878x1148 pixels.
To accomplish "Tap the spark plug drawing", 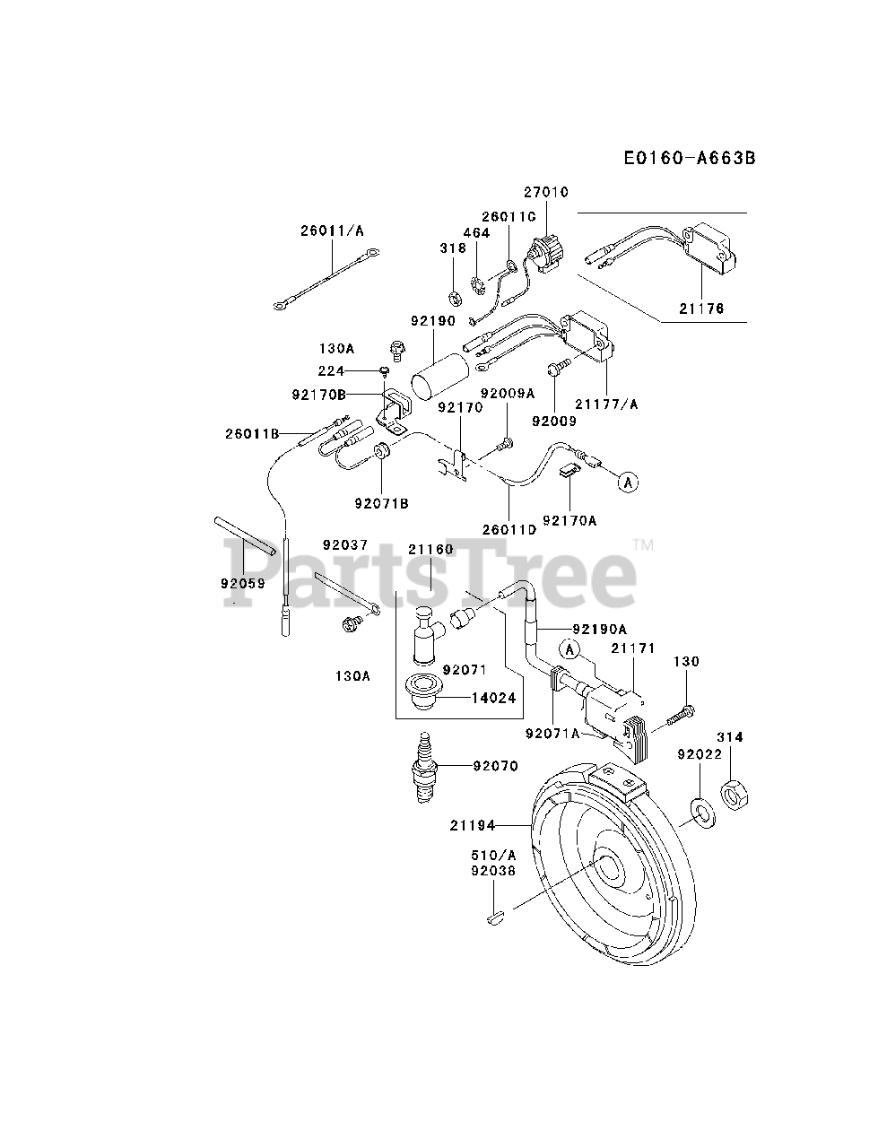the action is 426,768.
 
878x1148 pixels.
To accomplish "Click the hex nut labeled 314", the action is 735,793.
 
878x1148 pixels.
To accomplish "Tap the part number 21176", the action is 701,309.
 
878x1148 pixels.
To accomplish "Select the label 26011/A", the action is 332,230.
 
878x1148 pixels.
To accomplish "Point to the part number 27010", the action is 545,192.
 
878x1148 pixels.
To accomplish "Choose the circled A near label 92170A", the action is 628,482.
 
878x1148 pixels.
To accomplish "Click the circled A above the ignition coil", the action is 569,648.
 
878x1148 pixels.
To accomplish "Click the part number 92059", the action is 242,582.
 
